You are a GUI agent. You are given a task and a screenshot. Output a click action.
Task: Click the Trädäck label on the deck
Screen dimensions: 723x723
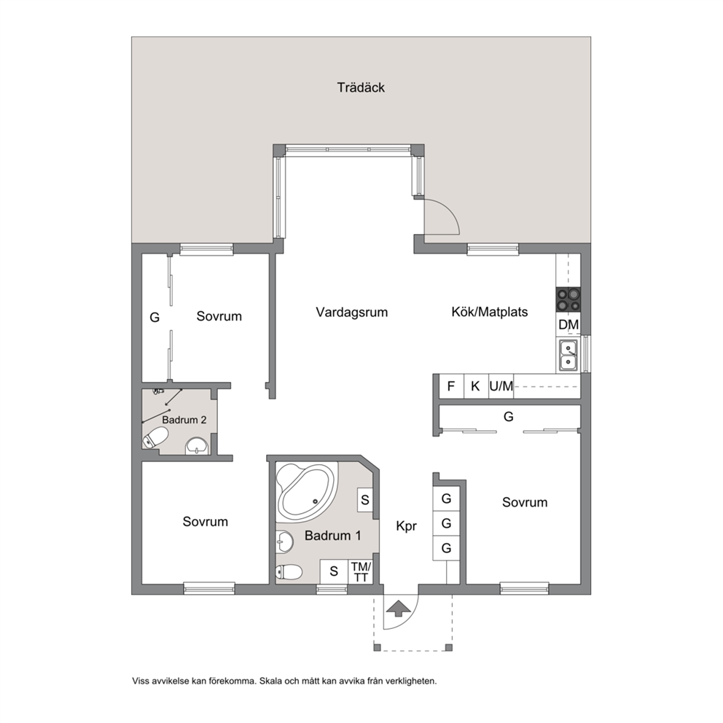point(361,87)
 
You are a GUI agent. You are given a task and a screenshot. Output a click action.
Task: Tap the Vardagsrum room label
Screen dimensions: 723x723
point(352,312)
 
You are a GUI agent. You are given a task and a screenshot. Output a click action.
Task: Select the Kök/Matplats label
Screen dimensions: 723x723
point(490,312)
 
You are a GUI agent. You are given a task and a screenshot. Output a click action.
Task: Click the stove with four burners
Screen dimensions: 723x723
point(568,300)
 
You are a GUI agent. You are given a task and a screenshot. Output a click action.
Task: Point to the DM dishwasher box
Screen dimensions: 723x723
point(568,324)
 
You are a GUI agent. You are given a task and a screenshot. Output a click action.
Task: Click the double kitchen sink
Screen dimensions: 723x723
point(568,355)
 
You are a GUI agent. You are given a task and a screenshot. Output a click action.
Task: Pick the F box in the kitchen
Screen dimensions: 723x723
point(451,386)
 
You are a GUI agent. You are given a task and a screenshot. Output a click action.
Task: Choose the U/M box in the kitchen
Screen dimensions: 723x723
point(501,386)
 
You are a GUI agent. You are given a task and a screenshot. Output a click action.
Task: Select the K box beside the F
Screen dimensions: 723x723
point(475,386)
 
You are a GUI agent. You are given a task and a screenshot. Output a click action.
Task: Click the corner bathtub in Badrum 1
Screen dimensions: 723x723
point(305,491)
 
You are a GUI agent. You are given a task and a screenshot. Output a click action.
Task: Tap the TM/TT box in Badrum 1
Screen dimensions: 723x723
point(361,571)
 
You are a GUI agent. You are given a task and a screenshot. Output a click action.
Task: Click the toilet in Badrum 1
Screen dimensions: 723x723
point(289,572)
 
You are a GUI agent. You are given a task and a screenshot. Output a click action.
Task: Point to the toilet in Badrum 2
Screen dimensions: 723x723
point(155,437)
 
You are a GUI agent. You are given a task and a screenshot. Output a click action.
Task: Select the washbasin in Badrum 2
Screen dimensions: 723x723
point(197,446)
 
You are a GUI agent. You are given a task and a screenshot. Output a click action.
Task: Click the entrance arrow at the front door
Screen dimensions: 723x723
point(399,609)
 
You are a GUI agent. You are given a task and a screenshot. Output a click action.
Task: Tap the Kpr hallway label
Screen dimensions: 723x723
point(406,526)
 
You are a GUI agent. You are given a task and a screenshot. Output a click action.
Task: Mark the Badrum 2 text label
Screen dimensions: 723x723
point(184,420)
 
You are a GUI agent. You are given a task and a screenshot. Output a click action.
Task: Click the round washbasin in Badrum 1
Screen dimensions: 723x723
point(284,542)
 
